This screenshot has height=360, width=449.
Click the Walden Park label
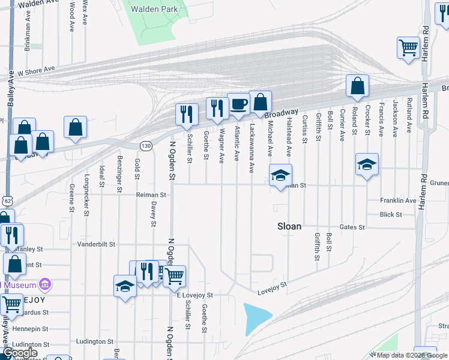[x=154, y=10]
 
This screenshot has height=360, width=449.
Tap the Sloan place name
[x=289, y=227]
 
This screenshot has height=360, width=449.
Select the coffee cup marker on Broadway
[x=238, y=104]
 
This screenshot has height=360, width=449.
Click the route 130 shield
[x=146, y=146]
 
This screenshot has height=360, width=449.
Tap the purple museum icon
[x=44, y=283]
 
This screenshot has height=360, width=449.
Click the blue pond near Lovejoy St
[x=257, y=319]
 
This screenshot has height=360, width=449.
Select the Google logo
[x=20, y=353]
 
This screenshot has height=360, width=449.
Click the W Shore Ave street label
[x=36, y=71]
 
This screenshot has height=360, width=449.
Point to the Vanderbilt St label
[x=96, y=245]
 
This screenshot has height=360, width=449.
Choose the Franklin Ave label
[x=398, y=200]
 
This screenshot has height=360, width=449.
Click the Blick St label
[x=391, y=214]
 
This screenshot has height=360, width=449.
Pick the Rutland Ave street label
[x=409, y=116]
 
